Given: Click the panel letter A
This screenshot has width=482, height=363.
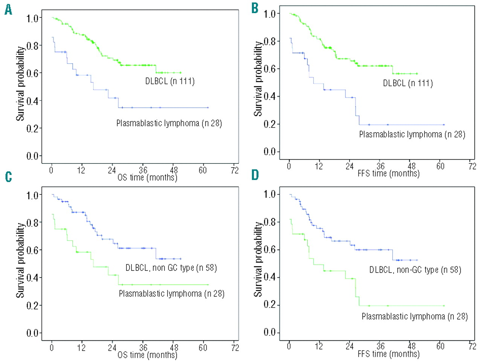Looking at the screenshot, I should coord(8,10).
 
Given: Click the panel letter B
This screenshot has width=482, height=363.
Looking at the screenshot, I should coord(255,8).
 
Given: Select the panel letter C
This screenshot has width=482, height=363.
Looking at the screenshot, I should coord(8,177).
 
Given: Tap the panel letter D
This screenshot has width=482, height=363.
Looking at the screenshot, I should coord(255,175).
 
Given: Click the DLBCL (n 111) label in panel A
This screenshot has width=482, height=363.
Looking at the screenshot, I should coord(170,81).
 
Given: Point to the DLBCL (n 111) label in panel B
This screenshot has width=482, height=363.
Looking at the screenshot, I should coord(408,83).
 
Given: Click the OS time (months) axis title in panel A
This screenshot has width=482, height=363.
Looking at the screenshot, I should coord(147,177).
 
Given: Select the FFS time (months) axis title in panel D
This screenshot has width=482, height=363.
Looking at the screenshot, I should coord(389,354).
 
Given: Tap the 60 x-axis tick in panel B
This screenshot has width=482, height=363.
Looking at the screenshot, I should coord(440,166).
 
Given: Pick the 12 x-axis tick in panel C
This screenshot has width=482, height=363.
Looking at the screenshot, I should coord(81,347).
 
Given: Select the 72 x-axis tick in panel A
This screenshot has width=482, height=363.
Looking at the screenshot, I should coord(235,170).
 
